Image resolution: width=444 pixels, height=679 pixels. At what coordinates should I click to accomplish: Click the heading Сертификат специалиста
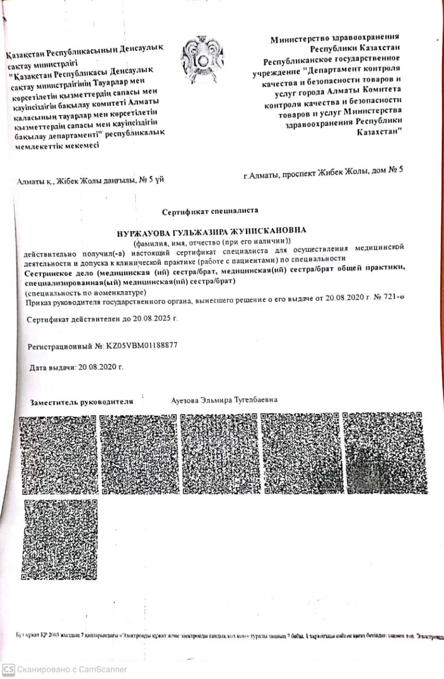(x=210, y=211)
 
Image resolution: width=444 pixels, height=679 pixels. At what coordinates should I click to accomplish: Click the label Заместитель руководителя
(x=81, y=402)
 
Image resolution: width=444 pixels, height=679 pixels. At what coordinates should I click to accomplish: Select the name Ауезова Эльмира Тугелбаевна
(x=225, y=399)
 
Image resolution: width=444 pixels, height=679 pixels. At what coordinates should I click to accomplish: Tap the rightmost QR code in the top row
(x=385, y=452)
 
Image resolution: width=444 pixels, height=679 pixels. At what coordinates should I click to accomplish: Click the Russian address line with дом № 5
(x=323, y=172)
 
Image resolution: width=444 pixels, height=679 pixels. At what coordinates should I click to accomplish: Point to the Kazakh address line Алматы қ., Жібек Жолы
(x=90, y=181)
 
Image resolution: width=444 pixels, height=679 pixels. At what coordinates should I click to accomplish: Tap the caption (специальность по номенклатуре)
(x=85, y=292)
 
